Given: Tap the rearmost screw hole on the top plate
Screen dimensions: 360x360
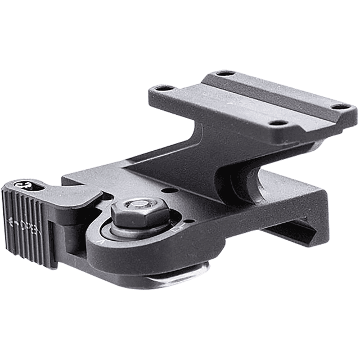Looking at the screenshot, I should coord(225,74).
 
